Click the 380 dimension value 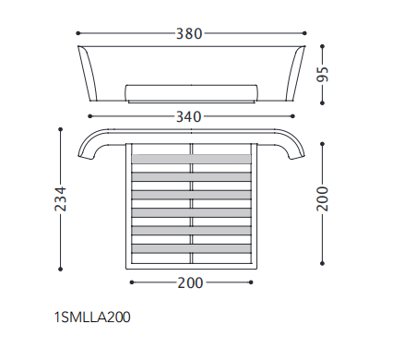(189, 33)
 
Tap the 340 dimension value (189, 117)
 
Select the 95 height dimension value (323, 74)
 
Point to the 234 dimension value (61, 198)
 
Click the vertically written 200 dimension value (323, 198)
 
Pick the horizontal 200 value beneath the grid (190, 282)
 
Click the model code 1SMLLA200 (92, 318)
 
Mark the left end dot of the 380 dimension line (78, 33)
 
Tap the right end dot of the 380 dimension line (304, 33)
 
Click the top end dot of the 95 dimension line (322, 46)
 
